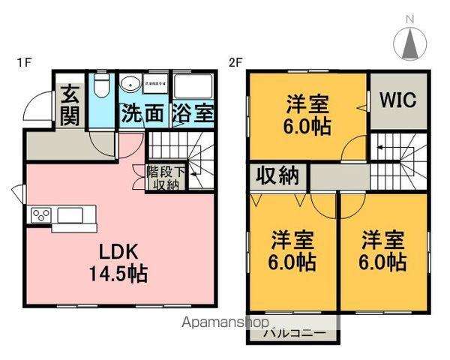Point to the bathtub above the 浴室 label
click(193, 85)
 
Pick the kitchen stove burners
click(40, 215)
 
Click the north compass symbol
click(411, 44)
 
